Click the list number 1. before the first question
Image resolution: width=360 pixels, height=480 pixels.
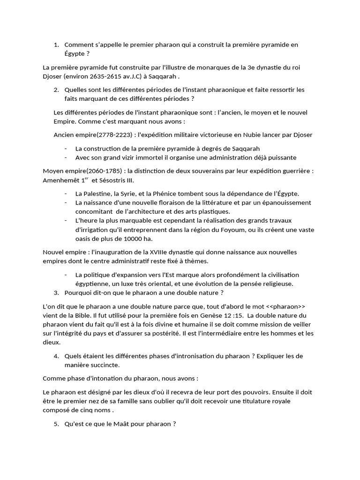[x=56, y=45]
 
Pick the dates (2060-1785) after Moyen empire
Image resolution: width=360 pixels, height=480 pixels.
[x=111, y=171]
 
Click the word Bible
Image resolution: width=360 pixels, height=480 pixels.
[x=78, y=315]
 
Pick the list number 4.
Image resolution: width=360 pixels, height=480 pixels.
[x=56, y=356]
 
